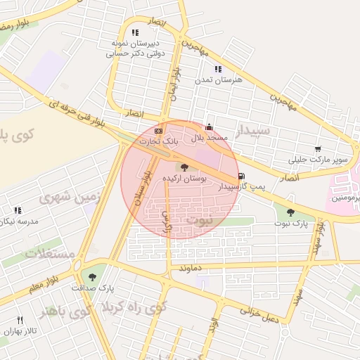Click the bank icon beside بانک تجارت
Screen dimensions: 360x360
click(x=159, y=131)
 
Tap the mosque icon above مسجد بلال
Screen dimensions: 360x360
click(x=209, y=127)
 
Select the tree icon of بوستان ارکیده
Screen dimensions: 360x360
click(x=184, y=167)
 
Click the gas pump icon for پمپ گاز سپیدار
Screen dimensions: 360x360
click(x=242, y=176)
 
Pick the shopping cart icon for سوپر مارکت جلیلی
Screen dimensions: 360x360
click(x=319, y=149)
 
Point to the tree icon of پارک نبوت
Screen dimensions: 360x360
click(x=290, y=212)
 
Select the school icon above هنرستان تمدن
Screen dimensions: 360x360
click(x=218, y=69)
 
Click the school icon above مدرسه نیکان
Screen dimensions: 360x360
click(x=18, y=210)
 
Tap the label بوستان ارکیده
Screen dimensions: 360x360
click(x=185, y=179)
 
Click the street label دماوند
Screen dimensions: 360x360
click(x=191, y=269)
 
